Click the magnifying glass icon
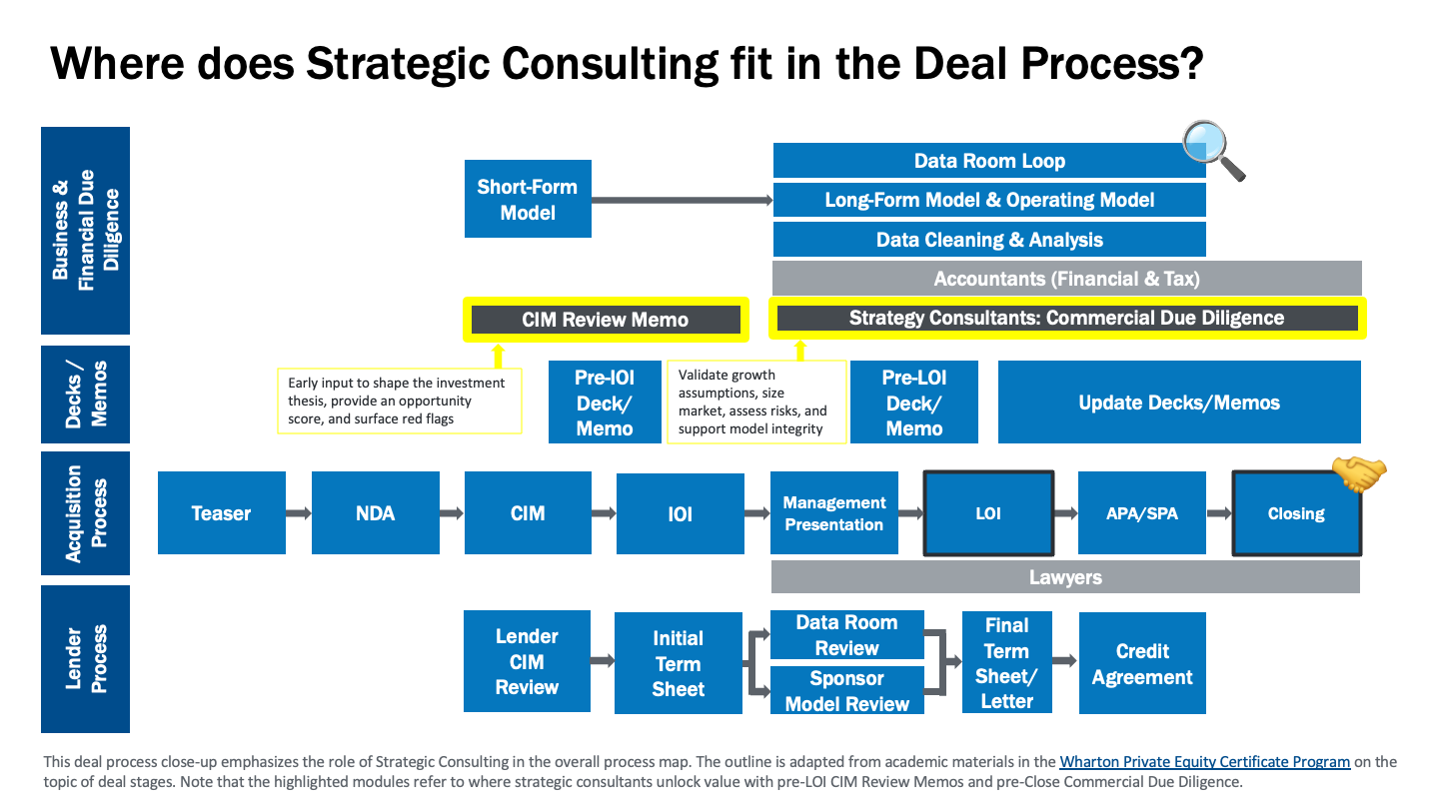point(1213,150)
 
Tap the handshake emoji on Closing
point(1359,474)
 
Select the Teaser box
point(222,513)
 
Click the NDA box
point(375,513)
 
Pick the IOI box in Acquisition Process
point(681,513)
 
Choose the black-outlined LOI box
point(988,513)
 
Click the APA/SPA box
point(1141,513)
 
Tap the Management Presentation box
point(833,513)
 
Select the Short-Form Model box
point(528,199)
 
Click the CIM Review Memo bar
point(606,320)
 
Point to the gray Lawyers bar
point(1065,576)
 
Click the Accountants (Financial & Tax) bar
point(1066,278)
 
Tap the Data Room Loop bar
point(989,161)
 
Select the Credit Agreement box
point(1142,663)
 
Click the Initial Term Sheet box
point(679,663)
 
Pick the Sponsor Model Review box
point(846,690)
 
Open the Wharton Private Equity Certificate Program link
point(1204,761)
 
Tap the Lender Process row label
point(86,659)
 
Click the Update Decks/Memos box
point(1179,402)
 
